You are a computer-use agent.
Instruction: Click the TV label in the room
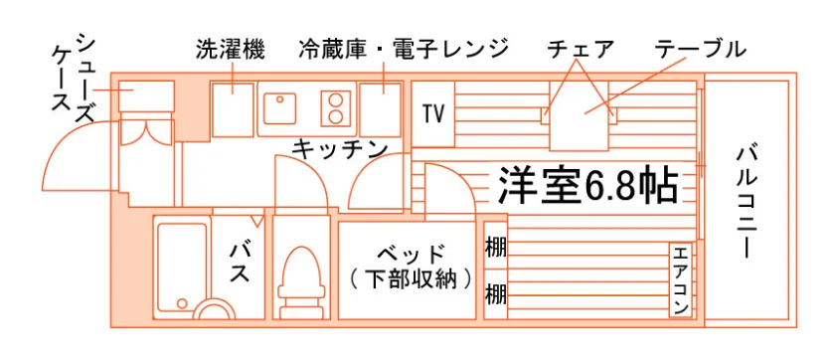click(x=433, y=113)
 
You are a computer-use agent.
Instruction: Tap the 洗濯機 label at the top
click(x=230, y=49)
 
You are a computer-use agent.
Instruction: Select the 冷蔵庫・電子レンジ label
click(x=404, y=49)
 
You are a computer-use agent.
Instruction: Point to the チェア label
click(x=581, y=49)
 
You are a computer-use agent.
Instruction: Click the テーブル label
click(x=700, y=49)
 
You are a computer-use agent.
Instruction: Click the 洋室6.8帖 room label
click(x=587, y=186)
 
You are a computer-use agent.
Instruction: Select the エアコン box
click(x=680, y=279)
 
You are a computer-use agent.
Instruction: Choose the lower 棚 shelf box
click(x=496, y=294)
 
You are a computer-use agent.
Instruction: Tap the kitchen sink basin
click(x=279, y=108)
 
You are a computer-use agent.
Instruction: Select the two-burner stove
click(x=336, y=108)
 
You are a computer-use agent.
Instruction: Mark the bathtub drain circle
click(x=182, y=303)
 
